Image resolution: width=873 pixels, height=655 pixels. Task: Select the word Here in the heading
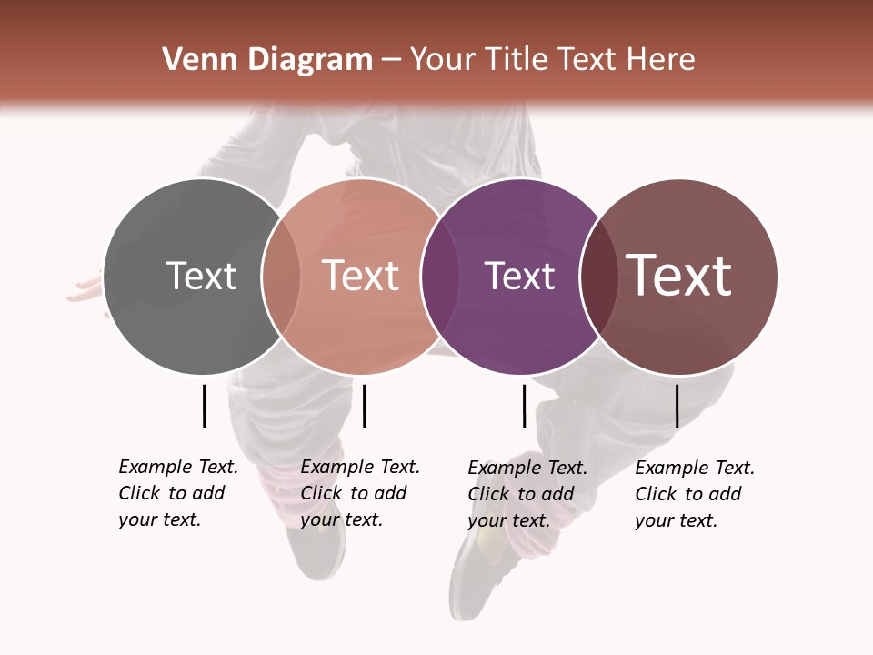pyautogui.click(x=661, y=60)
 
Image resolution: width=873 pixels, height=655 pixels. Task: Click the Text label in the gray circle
pyautogui.click(x=201, y=276)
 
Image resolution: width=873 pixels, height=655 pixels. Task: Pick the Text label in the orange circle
pyautogui.click(x=360, y=276)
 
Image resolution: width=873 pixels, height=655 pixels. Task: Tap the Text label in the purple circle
pyautogui.click(x=519, y=276)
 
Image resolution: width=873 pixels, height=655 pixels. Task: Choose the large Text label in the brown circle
pyautogui.click(x=678, y=276)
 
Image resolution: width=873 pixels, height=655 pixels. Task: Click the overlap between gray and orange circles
pyautogui.click(x=281, y=277)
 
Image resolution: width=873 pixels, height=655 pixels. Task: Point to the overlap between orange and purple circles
pyautogui.click(x=440, y=277)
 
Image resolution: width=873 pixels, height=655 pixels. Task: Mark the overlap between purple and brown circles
pyautogui.click(x=598, y=277)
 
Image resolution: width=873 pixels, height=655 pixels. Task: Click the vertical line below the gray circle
pyautogui.click(x=204, y=406)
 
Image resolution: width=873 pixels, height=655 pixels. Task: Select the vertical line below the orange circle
pyautogui.click(x=364, y=406)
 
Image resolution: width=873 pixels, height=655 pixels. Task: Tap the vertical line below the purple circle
pyautogui.click(x=524, y=406)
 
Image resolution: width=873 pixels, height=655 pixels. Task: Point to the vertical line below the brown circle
pyautogui.click(x=677, y=406)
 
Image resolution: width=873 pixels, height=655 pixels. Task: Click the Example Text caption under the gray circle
pyautogui.click(x=177, y=493)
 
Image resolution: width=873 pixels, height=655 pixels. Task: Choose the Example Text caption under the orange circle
pyautogui.click(x=359, y=493)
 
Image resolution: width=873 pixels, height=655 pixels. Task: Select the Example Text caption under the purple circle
pyautogui.click(x=527, y=494)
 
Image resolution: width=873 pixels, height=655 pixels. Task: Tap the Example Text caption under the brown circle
pyautogui.click(x=694, y=494)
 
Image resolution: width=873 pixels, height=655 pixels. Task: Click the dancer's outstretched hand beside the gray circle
pyautogui.click(x=84, y=290)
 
